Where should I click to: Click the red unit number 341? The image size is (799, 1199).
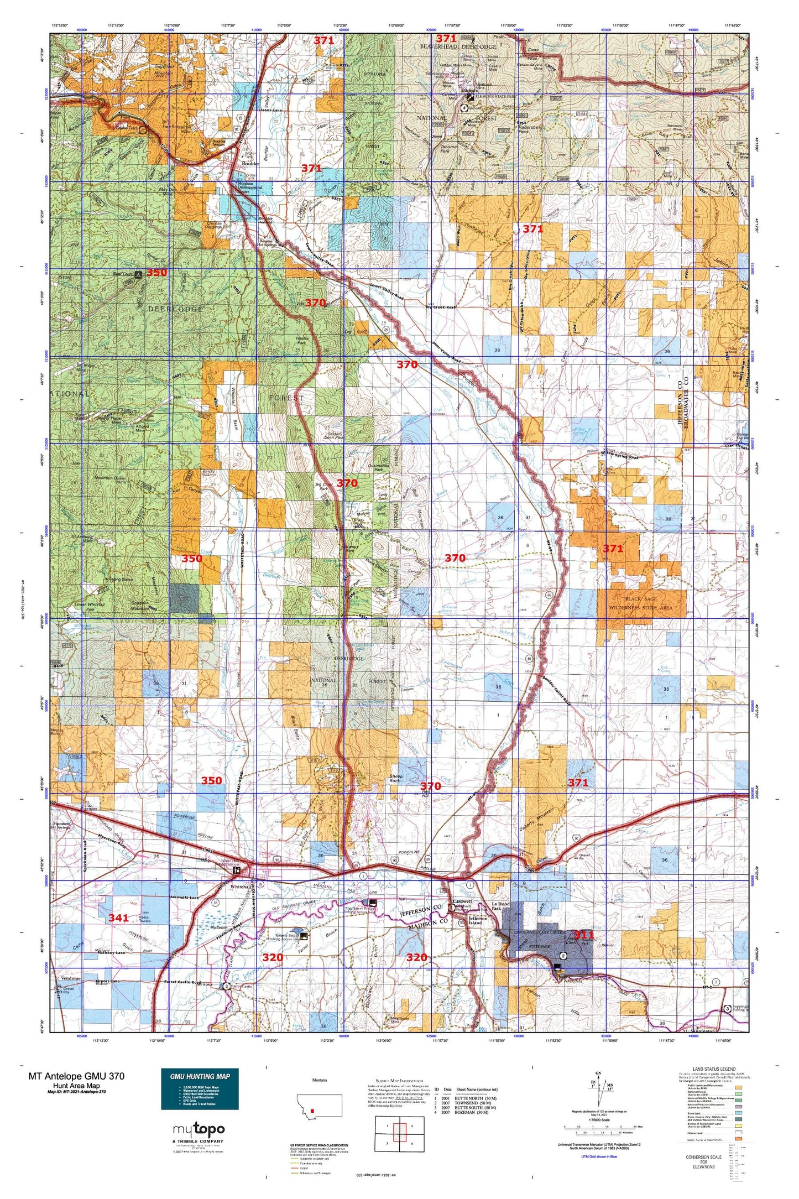(x=118, y=918)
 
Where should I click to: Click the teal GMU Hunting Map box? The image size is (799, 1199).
(x=200, y=1089)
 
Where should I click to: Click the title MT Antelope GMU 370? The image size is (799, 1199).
(x=76, y=1076)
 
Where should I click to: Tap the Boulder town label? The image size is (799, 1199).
(x=250, y=164)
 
